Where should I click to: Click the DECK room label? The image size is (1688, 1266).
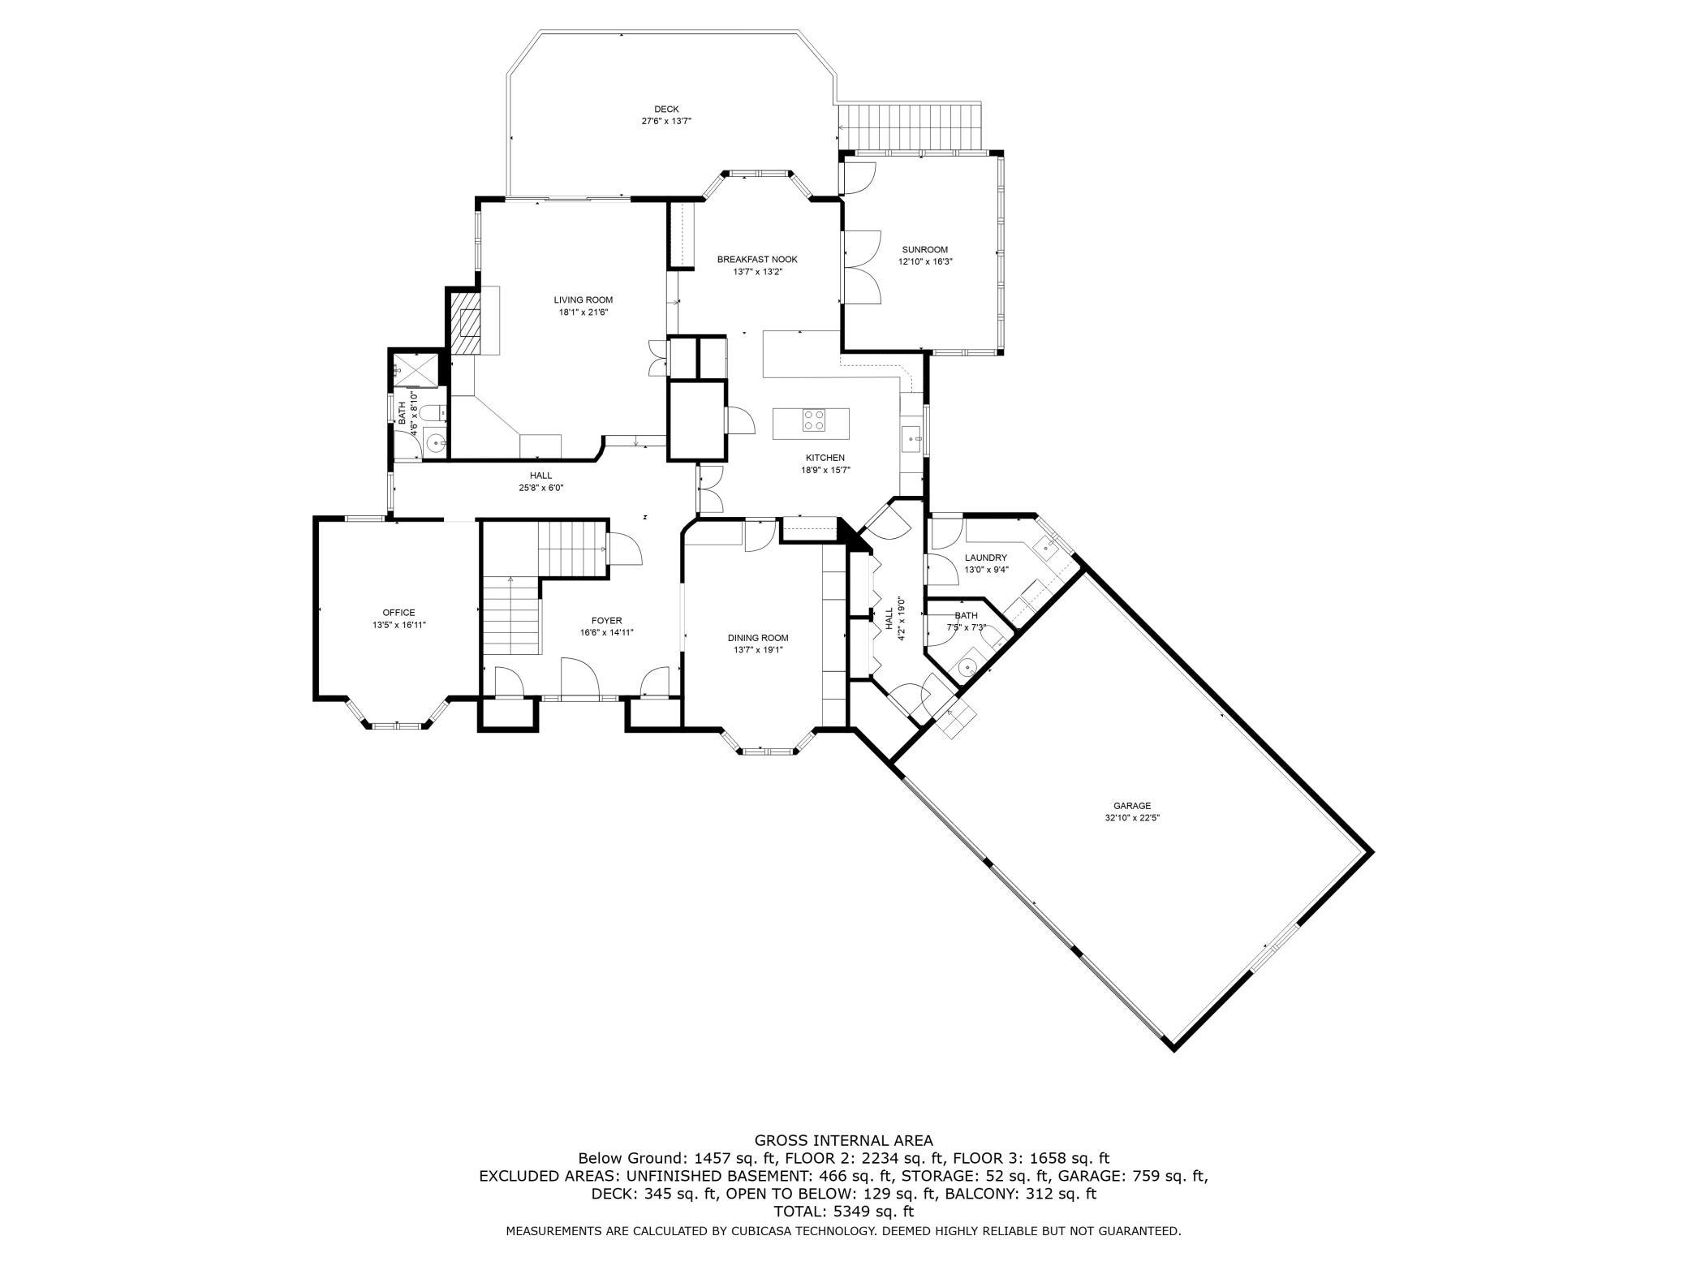(x=666, y=109)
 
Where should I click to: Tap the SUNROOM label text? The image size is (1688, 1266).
(x=924, y=250)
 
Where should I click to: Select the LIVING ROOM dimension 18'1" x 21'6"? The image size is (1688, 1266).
(x=583, y=312)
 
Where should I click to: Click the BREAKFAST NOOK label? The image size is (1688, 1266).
(x=757, y=260)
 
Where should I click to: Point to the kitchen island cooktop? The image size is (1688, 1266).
(x=814, y=420)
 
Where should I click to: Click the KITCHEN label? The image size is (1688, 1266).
(x=825, y=458)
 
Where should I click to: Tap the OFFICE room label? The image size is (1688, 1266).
(x=398, y=613)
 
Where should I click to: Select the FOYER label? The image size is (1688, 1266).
(x=606, y=621)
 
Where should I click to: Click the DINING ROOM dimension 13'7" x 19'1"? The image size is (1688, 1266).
(x=757, y=649)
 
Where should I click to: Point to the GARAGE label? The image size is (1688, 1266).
(x=1132, y=806)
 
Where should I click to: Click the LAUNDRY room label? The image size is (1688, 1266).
(x=986, y=558)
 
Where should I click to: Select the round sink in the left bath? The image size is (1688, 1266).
(x=437, y=443)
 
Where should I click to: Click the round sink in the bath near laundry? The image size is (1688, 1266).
(x=967, y=668)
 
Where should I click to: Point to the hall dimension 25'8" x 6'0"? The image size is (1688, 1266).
(x=540, y=488)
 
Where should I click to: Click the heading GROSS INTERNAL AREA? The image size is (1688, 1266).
(x=843, y=1140)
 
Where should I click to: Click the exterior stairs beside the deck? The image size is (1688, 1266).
(x=910, y=127)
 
